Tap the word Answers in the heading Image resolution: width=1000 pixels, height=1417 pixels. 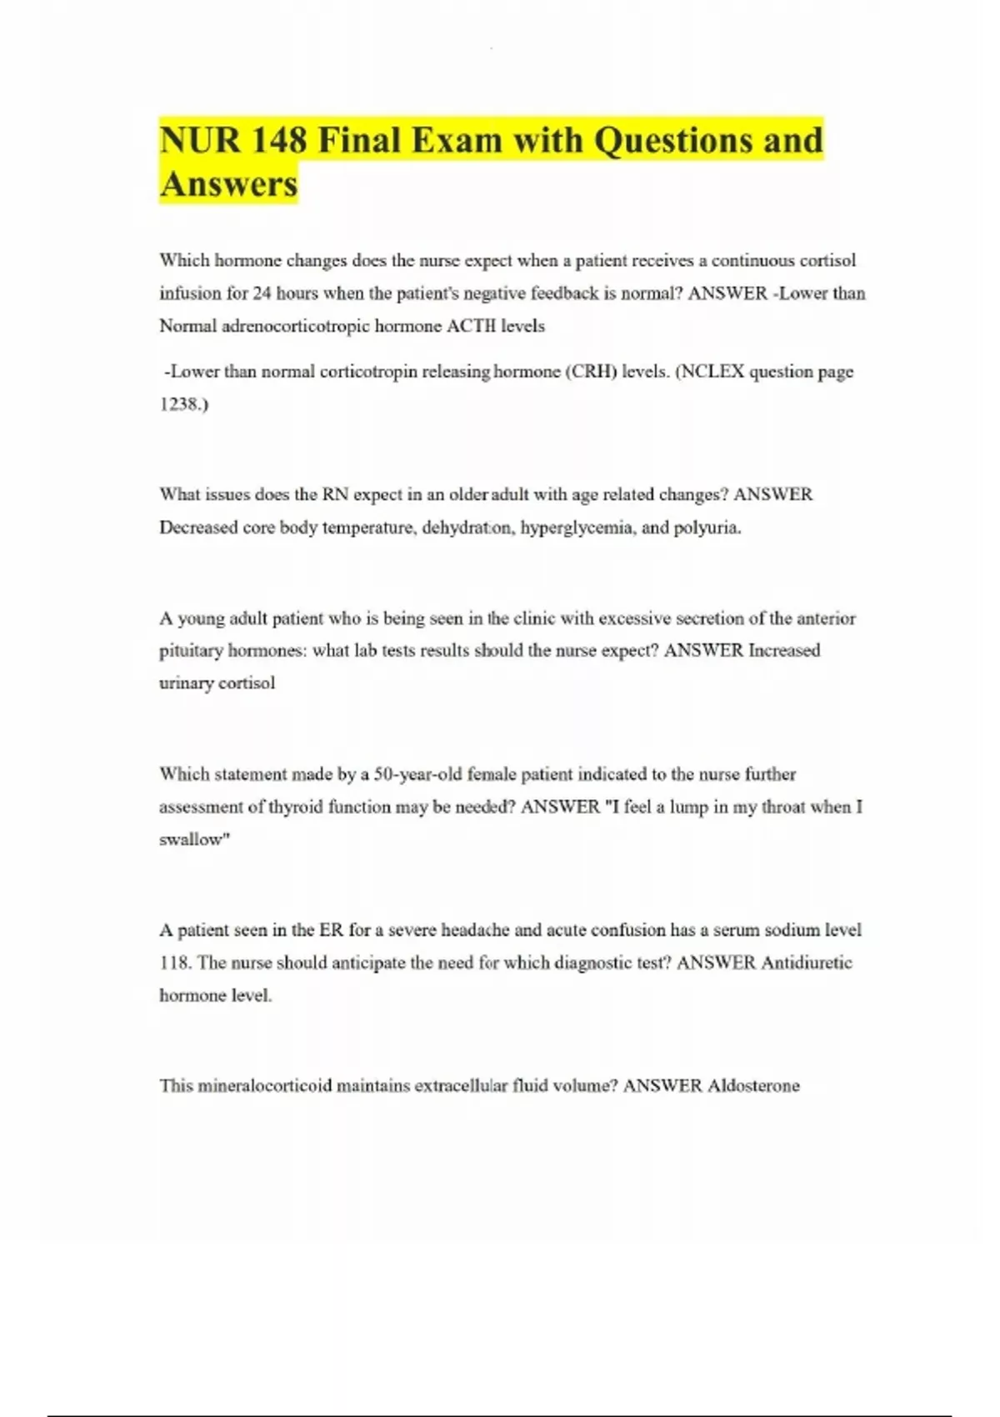[x=228, y=183]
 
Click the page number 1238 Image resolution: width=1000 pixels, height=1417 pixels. [x=182, y=404]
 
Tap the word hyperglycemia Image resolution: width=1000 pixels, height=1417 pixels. [x=576, y=528]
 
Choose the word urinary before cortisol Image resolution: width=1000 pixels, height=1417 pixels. [x=186, y=683]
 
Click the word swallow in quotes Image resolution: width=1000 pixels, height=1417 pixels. [x=192, y=839]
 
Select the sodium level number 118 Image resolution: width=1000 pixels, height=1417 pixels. [x=174, y=963]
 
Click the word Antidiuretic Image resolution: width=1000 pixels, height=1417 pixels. [x=806, y=963]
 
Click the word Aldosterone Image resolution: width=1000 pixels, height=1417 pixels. [x=753, y=1086]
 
